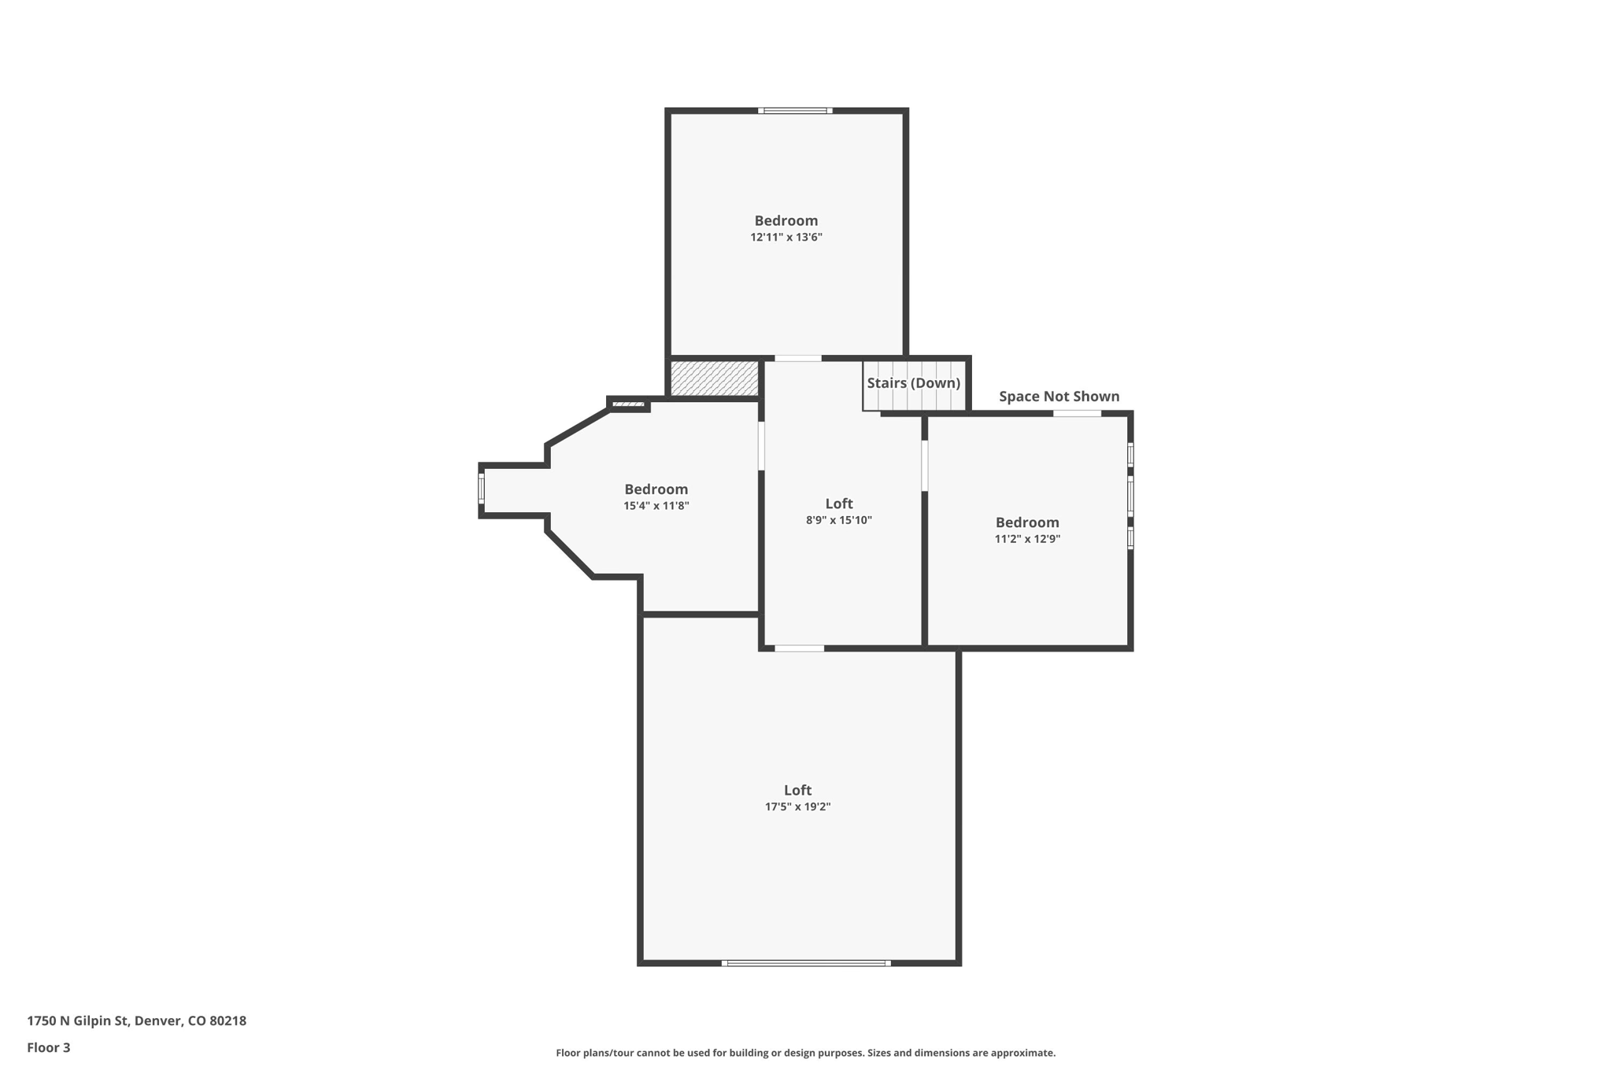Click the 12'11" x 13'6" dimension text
(x=786, y=237)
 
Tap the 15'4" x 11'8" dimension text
(x=656, y=506)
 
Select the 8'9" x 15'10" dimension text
(x=838, y=520)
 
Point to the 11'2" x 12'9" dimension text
(x=1026, y=539)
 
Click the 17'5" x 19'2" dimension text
(x=797, y=806)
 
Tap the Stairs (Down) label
(x=913, y=383)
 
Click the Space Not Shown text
(x=1059, y=397)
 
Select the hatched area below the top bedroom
(x=714, y=378)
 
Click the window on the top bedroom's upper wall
(x=795, y=111)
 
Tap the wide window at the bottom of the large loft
(x=806, y=962)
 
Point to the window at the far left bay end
(x=481, y=489)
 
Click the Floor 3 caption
(x=49, y=1047)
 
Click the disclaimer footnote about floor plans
(x=805, y=1053)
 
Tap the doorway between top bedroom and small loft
(x=797, y=359)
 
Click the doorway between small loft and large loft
(x=799, y=648)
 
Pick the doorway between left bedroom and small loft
(x=761, y=446)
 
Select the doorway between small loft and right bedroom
(x=924, y=466)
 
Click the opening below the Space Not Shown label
(x=1077, y=414)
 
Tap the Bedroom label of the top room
(x=786, y=220)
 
